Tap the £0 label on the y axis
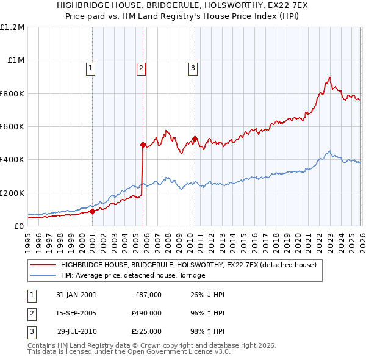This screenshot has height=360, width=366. coord(19,226)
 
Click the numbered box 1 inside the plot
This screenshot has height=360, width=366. coord(90,68)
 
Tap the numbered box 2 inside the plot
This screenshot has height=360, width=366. coord(141,68)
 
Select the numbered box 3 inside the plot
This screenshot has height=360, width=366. coord(193,68)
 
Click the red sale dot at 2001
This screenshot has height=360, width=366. coord(93,212)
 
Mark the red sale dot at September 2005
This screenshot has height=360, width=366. coord(143,145)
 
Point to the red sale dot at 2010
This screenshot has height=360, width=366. coord(195,139)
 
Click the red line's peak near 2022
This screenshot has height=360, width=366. coord(329,77)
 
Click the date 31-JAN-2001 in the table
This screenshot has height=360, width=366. coord(76,295)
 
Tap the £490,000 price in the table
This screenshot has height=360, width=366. coord(146,313)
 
